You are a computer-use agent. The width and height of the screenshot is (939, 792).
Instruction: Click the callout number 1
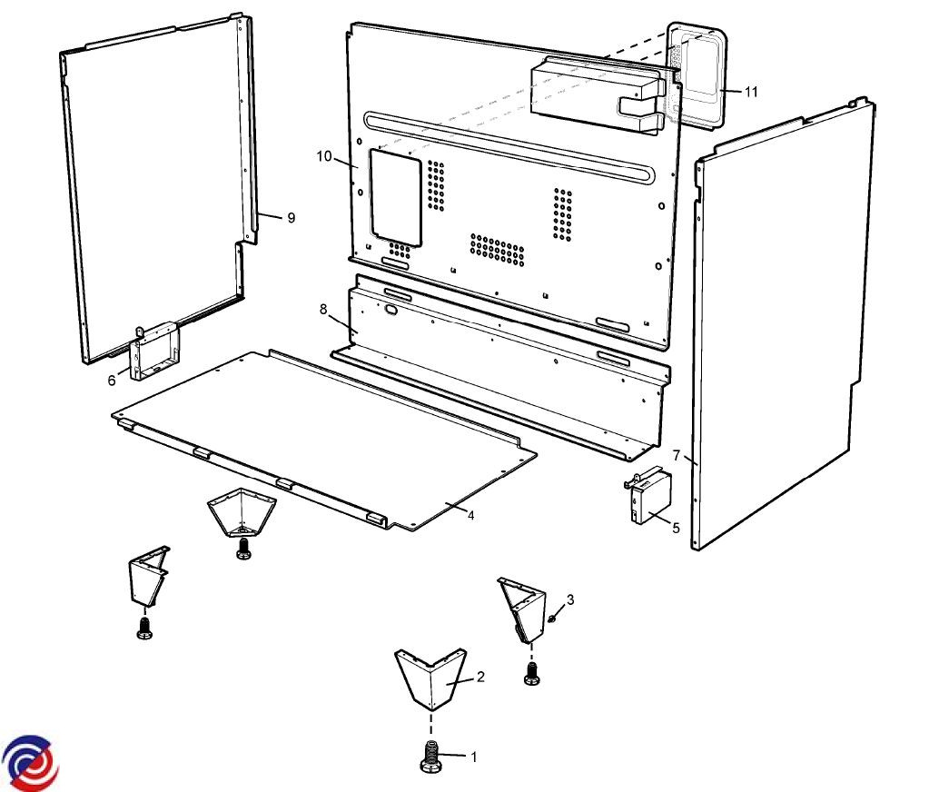471,756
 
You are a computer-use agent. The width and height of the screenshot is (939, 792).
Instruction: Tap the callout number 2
480,677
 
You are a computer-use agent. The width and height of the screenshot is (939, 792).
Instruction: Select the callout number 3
569,599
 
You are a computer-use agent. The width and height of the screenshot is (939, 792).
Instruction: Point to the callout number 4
470,514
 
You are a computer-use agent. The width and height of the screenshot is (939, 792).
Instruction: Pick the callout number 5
676,527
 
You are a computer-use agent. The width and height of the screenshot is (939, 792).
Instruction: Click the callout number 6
112,381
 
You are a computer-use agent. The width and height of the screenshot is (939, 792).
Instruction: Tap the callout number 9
291,218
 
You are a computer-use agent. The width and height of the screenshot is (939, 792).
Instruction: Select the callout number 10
324,156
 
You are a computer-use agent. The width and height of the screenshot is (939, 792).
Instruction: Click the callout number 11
750,92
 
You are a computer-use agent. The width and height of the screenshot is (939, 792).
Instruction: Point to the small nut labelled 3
551,618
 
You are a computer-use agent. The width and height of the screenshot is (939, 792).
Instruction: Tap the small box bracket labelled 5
648,498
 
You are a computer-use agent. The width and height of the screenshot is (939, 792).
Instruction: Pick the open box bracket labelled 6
154,353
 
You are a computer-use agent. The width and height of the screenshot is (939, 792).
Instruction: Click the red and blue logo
30,761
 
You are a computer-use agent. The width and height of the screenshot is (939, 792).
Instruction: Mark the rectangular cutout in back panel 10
396,196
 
